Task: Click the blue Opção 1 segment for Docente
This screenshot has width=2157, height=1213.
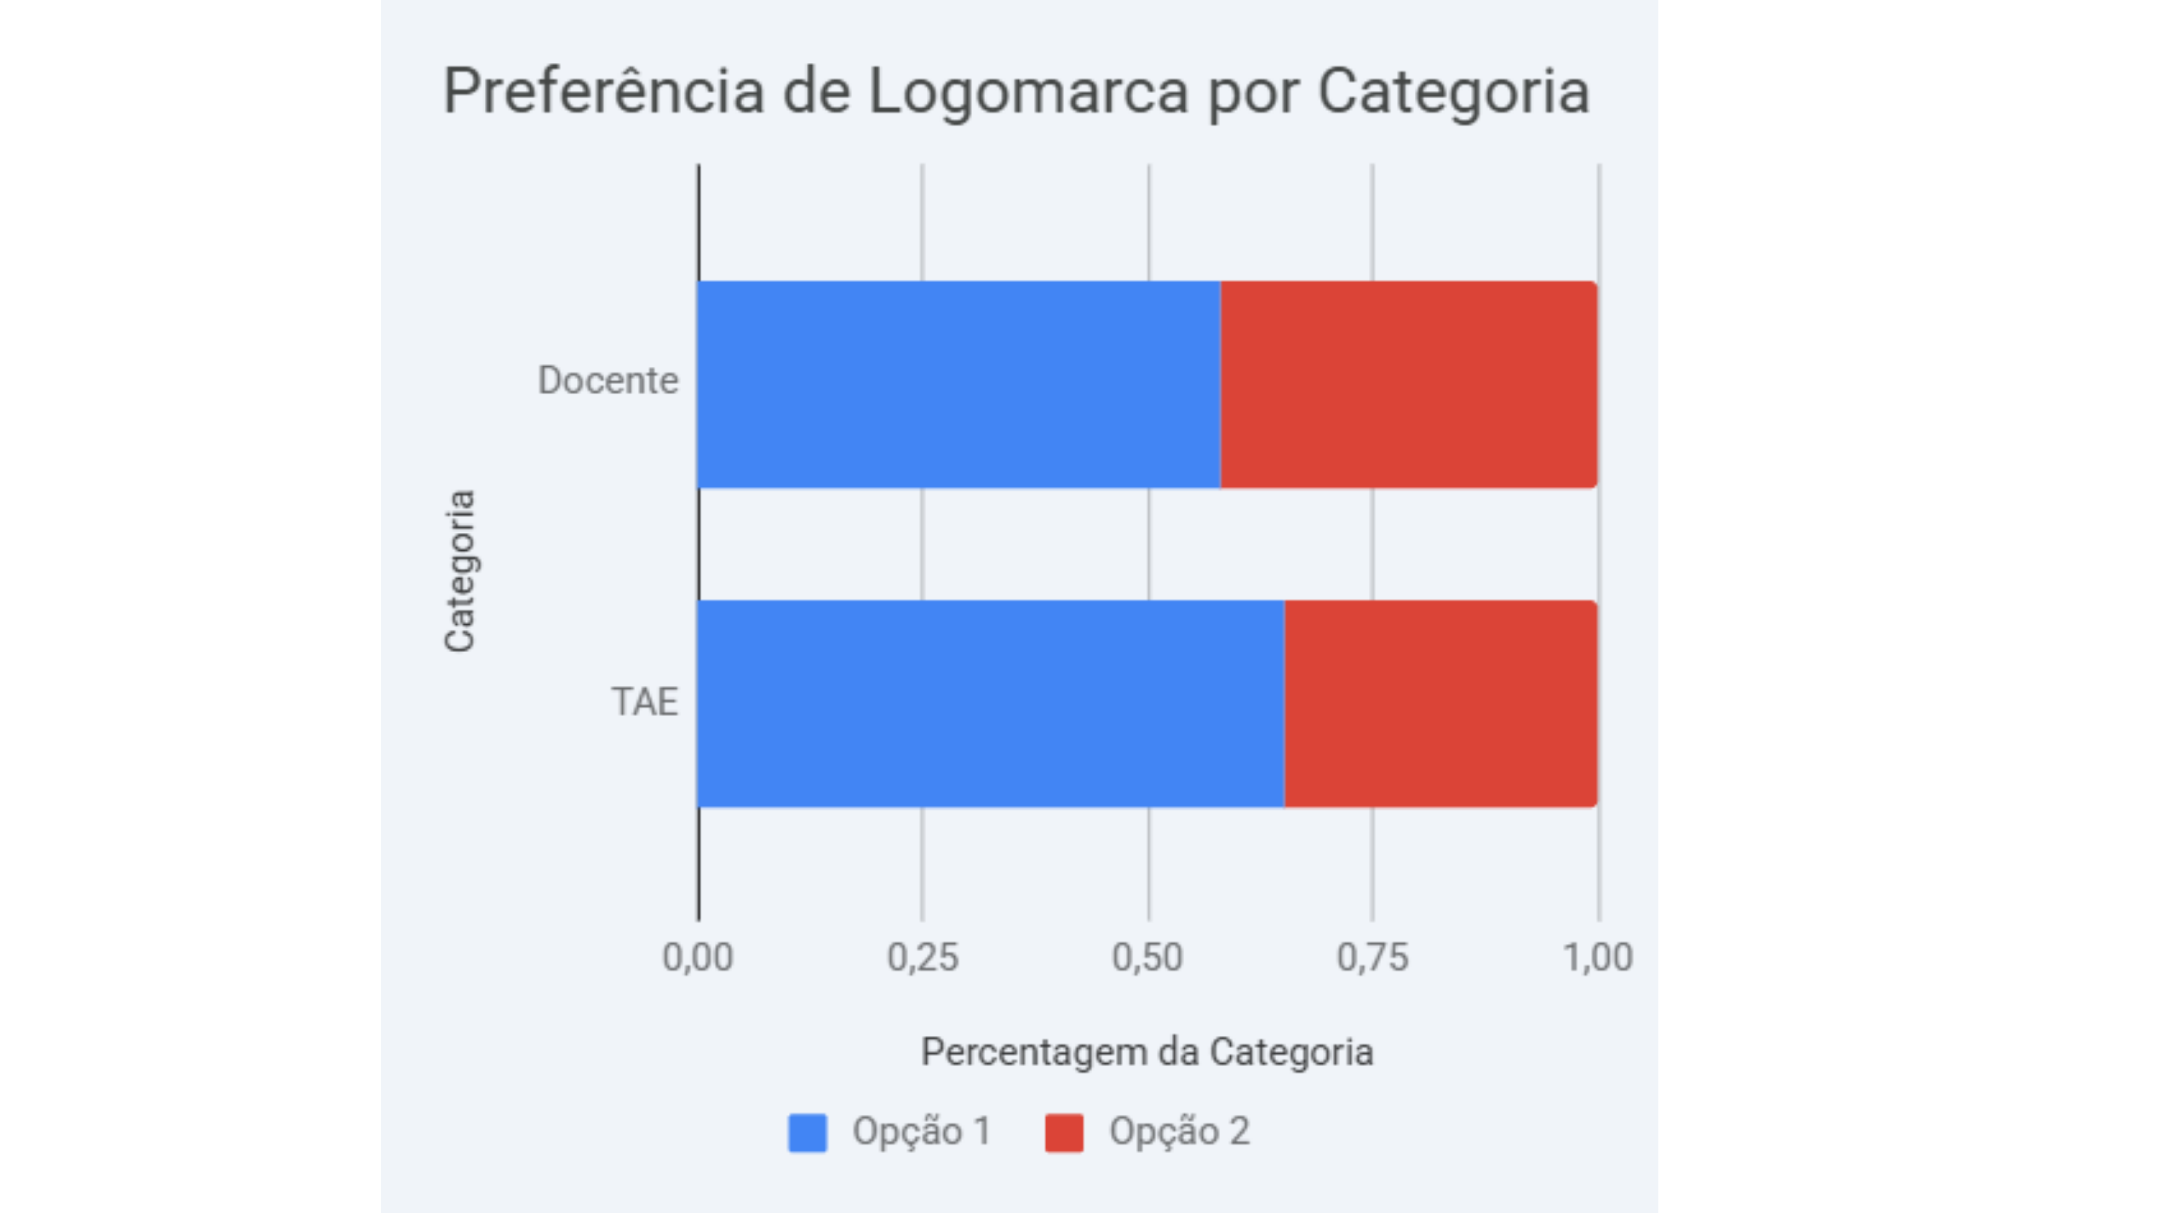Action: pos(959,384)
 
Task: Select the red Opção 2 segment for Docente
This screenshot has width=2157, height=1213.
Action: pos(1408,384)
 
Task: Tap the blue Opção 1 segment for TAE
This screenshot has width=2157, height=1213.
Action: pos(991,703)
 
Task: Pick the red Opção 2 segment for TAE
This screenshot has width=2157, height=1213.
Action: pos(1440,703)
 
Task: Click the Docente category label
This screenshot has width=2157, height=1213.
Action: pos(608,381)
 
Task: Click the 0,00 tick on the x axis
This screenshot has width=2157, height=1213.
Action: pos(697,957)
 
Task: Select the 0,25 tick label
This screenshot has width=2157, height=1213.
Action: pos(923,957)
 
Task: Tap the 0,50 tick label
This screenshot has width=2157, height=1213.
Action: pos(1148,957)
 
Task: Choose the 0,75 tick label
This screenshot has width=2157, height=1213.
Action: pos(1372,957)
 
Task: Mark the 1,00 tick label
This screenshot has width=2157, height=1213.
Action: pos(1598,957)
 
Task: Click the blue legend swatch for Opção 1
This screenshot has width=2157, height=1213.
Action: pos(807,1133)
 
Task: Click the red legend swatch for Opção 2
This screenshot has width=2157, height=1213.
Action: pos(1063,1133)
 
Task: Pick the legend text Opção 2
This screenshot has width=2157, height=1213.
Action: pos(1179,1132)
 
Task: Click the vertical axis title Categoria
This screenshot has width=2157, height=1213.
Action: pos(460,571)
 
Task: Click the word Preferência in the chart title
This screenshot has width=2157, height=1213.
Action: pos(603,91)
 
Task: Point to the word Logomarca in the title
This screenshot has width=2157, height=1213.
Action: pos(1028,91)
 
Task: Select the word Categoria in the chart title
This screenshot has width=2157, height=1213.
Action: pos(1454,91)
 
